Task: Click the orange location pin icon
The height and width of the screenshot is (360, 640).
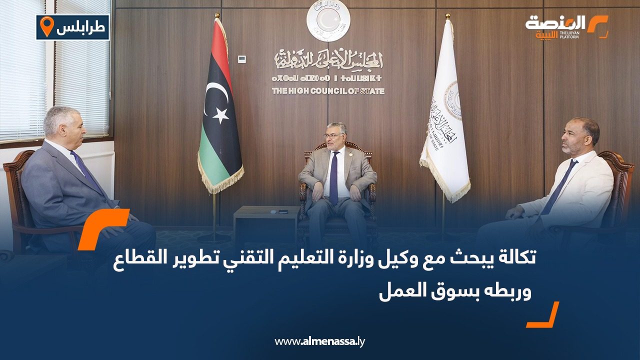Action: [x=46, y=27]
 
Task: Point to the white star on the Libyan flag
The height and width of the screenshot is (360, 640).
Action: [x=220, y=115]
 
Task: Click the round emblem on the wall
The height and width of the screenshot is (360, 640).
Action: [x=328, y=20]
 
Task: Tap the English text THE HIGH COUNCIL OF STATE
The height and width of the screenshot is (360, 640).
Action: [x=328, y=91]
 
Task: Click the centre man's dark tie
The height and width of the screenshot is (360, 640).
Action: [x=333, y=177]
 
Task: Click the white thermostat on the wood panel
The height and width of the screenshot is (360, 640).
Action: [x=242, y=59]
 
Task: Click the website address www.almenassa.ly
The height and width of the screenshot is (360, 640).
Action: [x=320, y=341]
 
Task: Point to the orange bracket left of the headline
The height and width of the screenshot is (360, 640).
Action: [x=102, y=228]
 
